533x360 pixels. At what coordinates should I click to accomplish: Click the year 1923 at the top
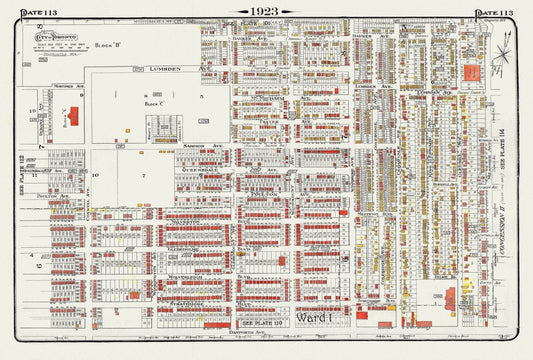click(x=265, y=11)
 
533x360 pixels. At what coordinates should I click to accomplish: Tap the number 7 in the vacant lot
click(x=143, y=176)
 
